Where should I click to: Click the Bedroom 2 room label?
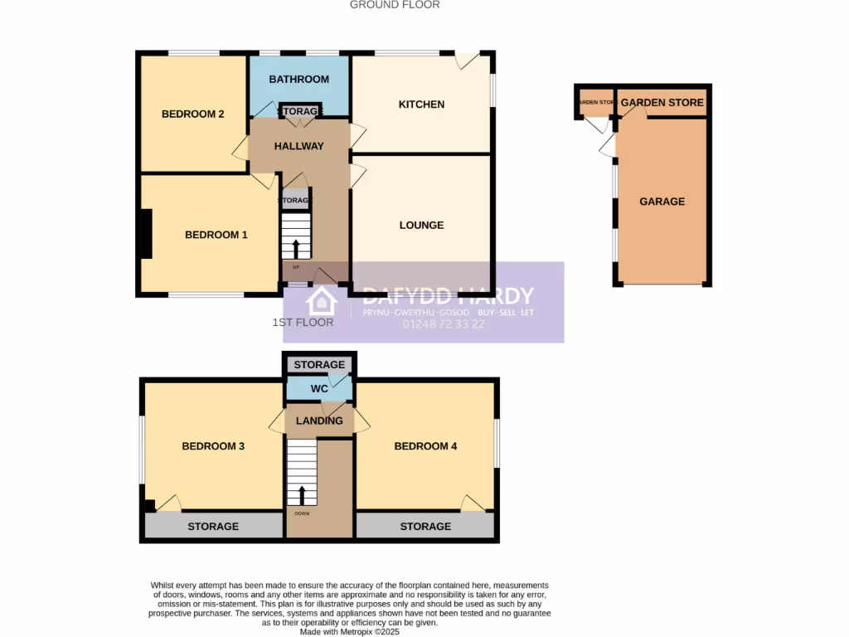[192, 114]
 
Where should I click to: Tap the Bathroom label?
[299, 80]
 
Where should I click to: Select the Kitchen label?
[421, 105]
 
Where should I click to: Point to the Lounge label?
[421, 226]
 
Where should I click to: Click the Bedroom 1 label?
[216, 236]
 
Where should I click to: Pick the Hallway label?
[298, 147]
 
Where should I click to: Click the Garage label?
[662, 202]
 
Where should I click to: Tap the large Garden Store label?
[662, 103]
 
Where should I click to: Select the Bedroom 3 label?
[213, 446]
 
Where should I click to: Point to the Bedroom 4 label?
[425, 446]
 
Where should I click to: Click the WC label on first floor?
[319, 388]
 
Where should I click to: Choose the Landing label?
[319, 421]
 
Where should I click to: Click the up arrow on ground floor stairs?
[297, 246]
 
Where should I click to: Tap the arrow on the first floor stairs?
[302, 494]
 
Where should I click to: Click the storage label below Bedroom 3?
[213, 527]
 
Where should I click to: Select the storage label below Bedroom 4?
[425, 527]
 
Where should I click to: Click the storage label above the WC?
[319, 365]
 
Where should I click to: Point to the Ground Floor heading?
[395, 5]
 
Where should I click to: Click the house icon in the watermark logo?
[321, 301]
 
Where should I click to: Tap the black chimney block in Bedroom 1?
[146, 234]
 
